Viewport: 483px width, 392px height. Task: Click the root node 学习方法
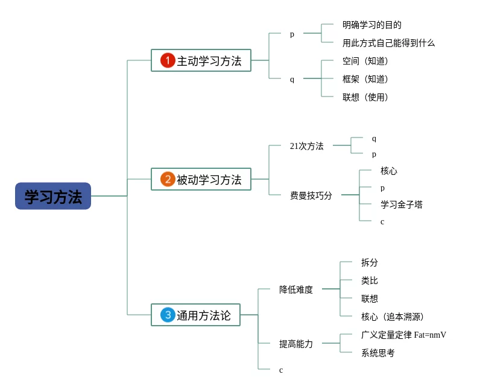click(53, 197)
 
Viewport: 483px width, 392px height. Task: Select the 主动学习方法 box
click(201, 60)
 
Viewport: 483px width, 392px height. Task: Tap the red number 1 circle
click(168, 60)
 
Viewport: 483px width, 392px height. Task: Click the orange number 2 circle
click(168, 179)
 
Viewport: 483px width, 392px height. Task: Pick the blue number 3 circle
click(168, 315)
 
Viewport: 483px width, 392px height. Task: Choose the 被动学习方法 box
click(201, 179)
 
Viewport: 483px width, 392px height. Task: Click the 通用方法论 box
click(195, 315)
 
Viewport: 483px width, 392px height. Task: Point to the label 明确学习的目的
click(371, 25)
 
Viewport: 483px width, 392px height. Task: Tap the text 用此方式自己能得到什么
click(388, 43)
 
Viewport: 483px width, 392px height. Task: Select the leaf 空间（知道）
click(365, 61)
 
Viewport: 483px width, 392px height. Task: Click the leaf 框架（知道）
click(365, 79)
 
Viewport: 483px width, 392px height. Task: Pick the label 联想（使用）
click(365, 97)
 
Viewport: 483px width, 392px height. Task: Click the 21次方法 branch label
click(306, 146)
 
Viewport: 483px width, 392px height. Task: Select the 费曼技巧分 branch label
click(311, 195)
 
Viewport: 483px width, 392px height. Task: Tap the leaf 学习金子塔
click(401, 204)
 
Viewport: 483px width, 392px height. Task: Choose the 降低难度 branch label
click(295, 289)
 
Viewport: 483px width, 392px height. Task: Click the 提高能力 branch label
click(295, 344)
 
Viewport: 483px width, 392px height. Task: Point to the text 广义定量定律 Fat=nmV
click(403, 335)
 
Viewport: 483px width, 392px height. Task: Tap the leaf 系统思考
click(377, 353)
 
